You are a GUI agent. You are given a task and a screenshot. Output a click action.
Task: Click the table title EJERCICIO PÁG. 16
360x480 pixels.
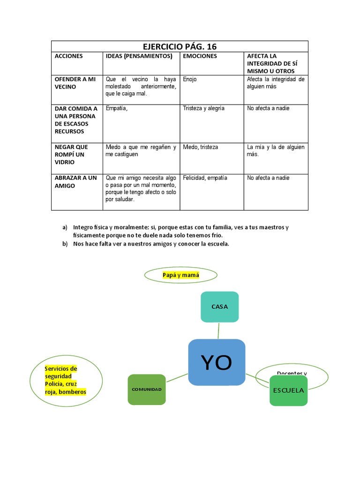[x=180, y=46]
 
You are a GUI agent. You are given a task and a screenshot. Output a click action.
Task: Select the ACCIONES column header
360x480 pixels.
[x=68, y=56]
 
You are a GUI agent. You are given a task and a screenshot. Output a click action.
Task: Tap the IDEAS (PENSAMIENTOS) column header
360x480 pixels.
[x=139, y=56]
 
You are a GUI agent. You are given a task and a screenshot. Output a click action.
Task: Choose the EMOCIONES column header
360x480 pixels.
[x=200, y=56]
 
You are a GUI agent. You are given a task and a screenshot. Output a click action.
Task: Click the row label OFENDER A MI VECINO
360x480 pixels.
[x=75, y=83]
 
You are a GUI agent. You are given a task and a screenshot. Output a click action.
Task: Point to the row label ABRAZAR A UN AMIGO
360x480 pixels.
[x=75, y=182]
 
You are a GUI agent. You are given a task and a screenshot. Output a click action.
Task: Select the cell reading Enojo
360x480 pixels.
[x=190, y=80]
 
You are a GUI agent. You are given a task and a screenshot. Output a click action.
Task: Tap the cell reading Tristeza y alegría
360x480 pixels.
[x=203, y=108]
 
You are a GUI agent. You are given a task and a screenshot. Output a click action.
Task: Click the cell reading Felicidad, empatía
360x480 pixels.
[x=205, y=178]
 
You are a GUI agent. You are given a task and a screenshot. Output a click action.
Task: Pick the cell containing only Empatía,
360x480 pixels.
[x=117, y=108]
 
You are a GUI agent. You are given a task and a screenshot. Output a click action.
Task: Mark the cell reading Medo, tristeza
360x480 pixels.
[x=200, y=147]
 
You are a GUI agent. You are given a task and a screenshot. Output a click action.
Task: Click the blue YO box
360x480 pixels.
[x=217, y=362]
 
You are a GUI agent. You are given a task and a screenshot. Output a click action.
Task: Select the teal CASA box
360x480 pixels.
[x=219, y=307]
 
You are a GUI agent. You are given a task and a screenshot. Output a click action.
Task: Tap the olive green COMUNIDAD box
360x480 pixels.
[x=147, y=390]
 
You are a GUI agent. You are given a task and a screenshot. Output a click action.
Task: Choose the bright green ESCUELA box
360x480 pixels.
[x=288, y=390]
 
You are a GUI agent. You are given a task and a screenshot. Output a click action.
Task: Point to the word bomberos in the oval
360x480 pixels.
[x=73, y=392]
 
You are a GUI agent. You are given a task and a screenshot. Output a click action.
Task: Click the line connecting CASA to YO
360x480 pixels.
[x=218, y=330]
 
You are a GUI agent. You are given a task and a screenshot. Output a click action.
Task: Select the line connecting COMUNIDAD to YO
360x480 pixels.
[x=177, y=377]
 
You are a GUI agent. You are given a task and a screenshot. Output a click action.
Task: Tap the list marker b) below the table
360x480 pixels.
[x=65, y=243]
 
